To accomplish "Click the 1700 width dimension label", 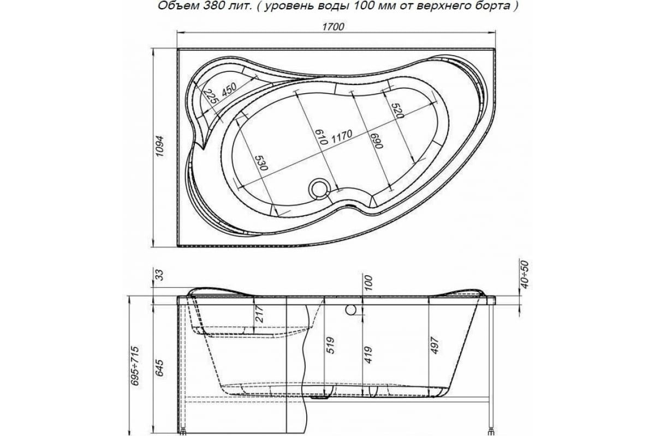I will click(x=333, y=27).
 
